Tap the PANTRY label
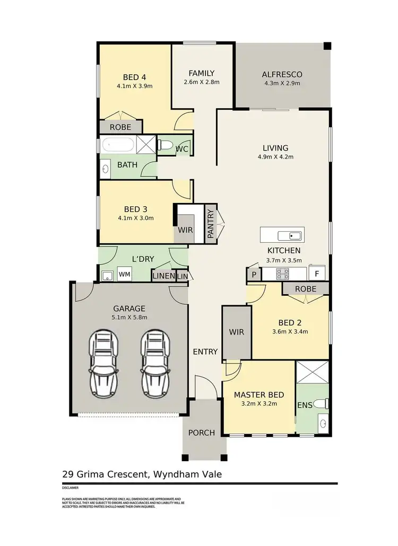click(x=211, y=224)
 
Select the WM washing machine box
click(x=124, y=275)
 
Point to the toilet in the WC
click(x=165, y=145)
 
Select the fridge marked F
click(x=317, y=274)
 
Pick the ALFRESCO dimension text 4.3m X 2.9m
click(x=282, y=83)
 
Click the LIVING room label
click(x=275, y=148)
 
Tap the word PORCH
click(x=202, y=433)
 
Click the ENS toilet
click(x=320, y=404)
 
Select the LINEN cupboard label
click(x=163, y=276)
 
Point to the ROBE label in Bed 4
click(x=120, y=127)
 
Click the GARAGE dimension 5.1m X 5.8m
click(x=129, y=318)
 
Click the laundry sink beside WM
click(x=107, y=275)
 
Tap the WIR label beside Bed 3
click(x=185, y=231)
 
